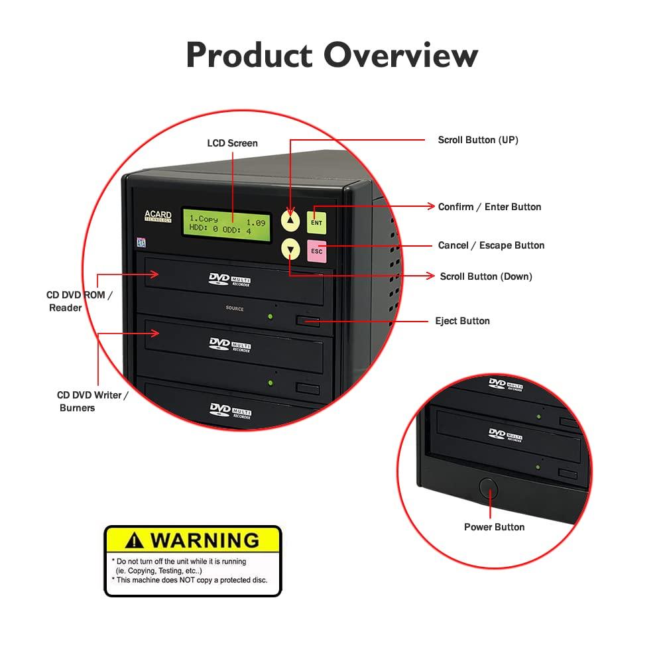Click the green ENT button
pyautogui.click(x=316, y=222)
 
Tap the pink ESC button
pyautogui.click(x=316, y=251)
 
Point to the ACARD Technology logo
pyautogui.click(x=158, y=216)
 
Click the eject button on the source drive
pyautogui.click(x=308, y=322)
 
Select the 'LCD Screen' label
pyautogui.click(x=232, y=143)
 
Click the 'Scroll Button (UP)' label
pyautogui.click(x=477, y=140)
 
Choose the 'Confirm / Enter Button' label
pyautogui.click(x=489, y=207)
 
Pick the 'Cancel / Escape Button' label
pyautogui.click(x=491, y=245)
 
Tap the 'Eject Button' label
pyautogui.click(x=462, y=321)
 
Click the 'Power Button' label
pyautogui.click(x=494, y=527)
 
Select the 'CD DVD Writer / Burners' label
pyautogui.click(x=92, y=401)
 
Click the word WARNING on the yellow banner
pyautogui.click(x=204, y=540)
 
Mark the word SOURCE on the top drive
pyautogui.click(x=234, y=309)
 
